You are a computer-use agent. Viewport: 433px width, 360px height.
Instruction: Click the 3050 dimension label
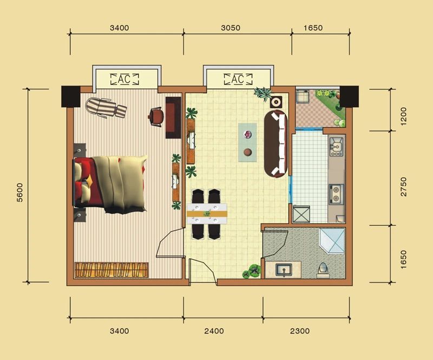231,28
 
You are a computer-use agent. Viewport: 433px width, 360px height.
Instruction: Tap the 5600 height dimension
20,192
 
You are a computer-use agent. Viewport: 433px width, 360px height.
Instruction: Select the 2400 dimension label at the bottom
214,331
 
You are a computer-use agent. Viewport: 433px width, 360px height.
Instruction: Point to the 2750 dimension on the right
404,186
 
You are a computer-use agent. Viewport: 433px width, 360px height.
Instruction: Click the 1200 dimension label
403,116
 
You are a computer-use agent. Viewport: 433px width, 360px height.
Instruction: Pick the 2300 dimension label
300,331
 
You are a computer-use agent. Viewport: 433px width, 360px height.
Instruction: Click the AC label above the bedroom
124,79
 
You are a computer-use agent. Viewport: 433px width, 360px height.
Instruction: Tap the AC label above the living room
238,79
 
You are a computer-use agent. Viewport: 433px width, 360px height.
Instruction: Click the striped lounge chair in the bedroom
106,109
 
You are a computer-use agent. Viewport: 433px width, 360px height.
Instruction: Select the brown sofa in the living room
276,143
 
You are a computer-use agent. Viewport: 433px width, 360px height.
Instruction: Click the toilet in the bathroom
323,270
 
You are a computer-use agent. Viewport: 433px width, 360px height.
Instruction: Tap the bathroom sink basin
284,270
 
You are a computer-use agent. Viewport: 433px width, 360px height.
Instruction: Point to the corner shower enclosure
332,240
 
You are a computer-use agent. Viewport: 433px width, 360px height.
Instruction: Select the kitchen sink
336,147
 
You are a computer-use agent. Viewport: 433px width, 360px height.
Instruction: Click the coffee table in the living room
248,142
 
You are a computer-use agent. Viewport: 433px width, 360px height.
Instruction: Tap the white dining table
207,214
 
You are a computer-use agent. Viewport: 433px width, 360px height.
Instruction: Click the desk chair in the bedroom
155,117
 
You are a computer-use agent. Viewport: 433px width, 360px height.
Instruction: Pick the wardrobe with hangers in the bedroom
111,270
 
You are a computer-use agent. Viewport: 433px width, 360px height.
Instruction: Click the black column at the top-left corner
71,96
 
